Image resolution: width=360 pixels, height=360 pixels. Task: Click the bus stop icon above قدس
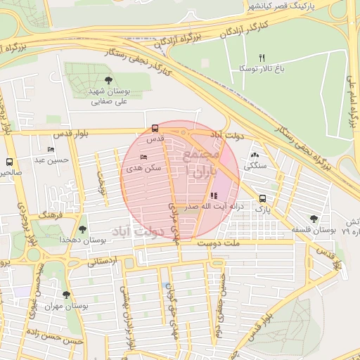point(155,128)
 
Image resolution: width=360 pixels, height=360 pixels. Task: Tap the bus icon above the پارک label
point(262,198)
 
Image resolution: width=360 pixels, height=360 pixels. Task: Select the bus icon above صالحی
point(9,161)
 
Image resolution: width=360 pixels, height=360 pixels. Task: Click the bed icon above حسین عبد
point(51,150)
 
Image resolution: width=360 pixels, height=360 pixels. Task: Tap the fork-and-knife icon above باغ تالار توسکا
point(262,58)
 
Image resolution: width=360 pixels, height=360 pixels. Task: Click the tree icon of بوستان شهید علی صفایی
point(108,80)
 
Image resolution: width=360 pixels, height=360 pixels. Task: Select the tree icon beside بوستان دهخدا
point(82,229)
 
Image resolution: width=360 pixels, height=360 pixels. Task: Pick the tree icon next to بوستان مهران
point(66,295)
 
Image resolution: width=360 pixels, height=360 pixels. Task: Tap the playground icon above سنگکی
point(254,156)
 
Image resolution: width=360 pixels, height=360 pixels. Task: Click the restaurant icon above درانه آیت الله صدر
point(214,196)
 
